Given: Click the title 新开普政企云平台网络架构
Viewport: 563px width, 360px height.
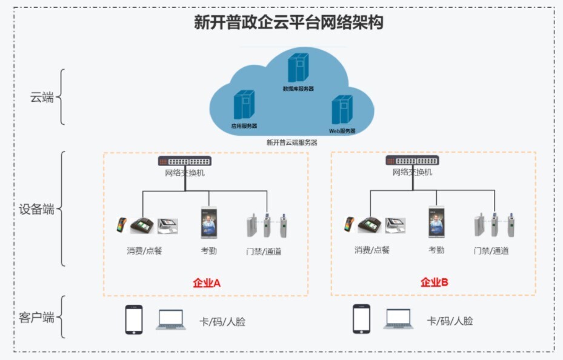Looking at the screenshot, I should coord(288,23).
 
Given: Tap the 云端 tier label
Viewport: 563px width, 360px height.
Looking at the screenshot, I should coord(42,98).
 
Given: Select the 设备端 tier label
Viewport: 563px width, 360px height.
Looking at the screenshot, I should coord(37,210).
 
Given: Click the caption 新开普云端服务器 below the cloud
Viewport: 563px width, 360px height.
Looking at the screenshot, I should coord(291,142).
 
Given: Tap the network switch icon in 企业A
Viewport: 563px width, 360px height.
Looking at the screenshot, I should coord(185,161).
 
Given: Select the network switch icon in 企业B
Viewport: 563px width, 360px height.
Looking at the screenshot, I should coord(413,161).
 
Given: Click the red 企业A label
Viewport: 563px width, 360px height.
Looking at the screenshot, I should coord(207,282).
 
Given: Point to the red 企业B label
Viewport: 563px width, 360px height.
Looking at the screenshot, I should coord(435,282).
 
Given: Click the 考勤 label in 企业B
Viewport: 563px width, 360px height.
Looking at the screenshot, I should coord(436,250).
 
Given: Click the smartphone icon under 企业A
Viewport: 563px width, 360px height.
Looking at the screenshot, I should coord(133,319).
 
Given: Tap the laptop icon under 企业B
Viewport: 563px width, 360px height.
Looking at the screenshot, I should coord(398,319).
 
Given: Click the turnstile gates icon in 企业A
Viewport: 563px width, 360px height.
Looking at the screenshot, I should coord(266,225).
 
